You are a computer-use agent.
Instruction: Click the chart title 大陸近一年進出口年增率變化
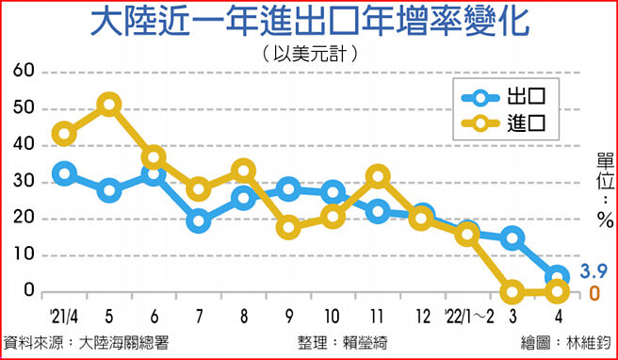pos(309,23)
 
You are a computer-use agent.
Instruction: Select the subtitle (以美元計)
pos(309,54)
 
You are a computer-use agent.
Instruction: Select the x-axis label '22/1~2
pos(468,314)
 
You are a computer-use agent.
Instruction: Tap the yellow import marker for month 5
pos(109,105)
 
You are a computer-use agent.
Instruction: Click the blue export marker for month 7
pos(198,221)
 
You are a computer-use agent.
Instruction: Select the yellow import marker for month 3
pos(513,292)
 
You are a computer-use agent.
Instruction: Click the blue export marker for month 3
pos(513,238)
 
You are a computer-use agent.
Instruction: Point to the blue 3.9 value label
pos(591,272)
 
